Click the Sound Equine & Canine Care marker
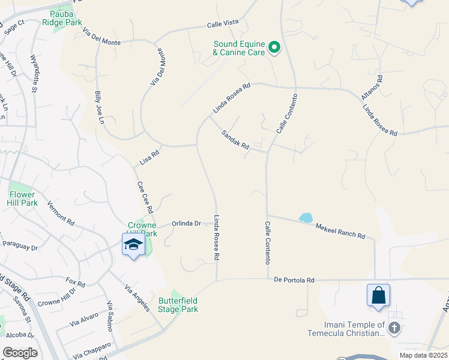(x=274, y=47)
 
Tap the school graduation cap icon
(x=133, y=245)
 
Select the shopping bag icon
(x=378, y=295)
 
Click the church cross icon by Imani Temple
(x=394, y=328)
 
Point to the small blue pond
(x=306, y=217)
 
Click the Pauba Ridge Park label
(x=62, y=17)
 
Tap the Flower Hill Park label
(x=23, y=199)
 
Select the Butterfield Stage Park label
(x=178, y=305)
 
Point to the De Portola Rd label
(x=294, y=280)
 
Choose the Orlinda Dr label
(x=186, y=224)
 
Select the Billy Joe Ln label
(x=99, y=106)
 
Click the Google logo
(x=20, y=353)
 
